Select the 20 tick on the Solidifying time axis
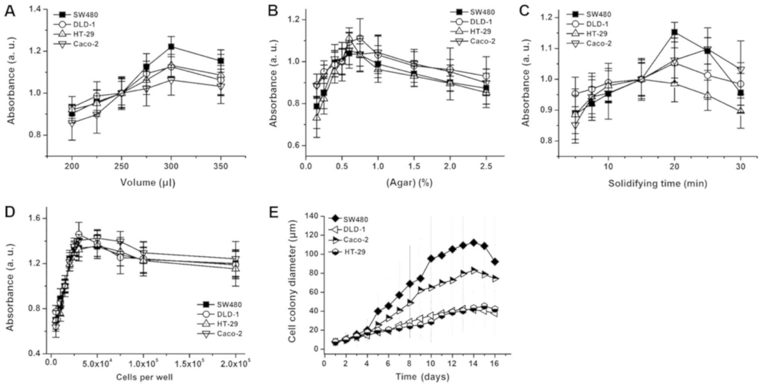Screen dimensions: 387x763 pos(674,166)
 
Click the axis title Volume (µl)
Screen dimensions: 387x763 pos(148,183)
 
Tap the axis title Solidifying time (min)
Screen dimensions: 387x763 pos(657,183)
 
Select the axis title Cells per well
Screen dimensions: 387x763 pos(145,377)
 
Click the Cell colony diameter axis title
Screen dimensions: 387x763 pos(293,281)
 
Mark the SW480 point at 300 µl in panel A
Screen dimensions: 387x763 pos(171,47)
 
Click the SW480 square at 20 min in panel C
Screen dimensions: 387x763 pos(674,32)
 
